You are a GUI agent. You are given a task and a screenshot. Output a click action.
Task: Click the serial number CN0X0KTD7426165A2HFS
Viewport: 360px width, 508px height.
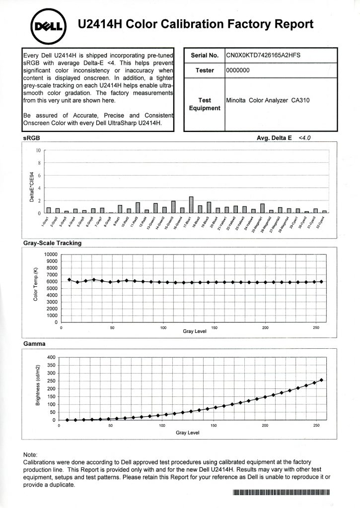coord(263,56)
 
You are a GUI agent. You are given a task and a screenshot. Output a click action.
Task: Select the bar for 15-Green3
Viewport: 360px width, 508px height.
coord(173,207)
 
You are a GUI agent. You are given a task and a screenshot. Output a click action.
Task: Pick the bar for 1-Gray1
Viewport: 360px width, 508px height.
coord(49,210)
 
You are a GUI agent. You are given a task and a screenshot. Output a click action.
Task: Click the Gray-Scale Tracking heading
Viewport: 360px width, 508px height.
coord(53,243)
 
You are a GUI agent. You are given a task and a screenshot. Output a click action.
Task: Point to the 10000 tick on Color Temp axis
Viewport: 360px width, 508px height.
coord(51,254)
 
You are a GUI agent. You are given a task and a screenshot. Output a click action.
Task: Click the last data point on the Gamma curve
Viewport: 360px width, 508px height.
coord(322,380)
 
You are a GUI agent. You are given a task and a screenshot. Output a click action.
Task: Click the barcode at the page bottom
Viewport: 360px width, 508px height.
coord(281,492)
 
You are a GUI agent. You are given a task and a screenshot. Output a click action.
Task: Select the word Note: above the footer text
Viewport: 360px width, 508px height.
coord(31,454)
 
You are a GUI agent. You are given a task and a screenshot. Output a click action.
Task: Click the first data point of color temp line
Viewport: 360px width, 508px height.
coord(70,280)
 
